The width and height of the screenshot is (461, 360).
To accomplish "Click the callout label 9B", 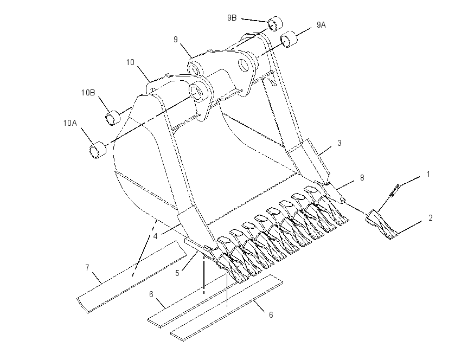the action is coord(232,18).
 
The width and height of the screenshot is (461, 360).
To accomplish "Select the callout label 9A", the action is coord(321,25).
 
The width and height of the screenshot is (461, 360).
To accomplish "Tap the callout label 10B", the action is coord(88,93).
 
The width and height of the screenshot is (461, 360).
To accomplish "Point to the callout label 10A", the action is coord(70,123).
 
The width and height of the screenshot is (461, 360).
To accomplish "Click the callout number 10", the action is coord(130,62).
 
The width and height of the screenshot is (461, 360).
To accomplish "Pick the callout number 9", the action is coord(176,40).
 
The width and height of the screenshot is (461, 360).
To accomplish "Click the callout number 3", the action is coord(340,143).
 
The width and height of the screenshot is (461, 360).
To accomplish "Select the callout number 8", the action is coord(362,177).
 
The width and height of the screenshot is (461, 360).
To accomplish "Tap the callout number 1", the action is coord(428,174).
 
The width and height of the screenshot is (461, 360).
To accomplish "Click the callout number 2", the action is coord(431,218).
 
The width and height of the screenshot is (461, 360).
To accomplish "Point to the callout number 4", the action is coord(156,236).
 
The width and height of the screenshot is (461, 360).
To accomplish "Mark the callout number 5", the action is coord(177,273).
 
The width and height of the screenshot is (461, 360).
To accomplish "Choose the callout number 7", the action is coord(87,268).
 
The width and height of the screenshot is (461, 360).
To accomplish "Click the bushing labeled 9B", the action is coord(274,24).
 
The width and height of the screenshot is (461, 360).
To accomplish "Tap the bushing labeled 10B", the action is coord(113,118).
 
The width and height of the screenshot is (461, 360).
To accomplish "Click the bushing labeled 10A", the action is coord(98,150).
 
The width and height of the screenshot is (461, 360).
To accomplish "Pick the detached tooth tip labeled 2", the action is coord(381,225).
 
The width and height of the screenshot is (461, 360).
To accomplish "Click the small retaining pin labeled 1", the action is coord(394,191).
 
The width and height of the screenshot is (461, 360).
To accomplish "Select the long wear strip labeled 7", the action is coord(131,277).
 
